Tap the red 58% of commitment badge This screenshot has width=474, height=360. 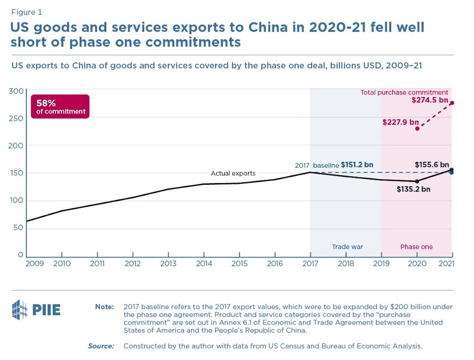click(x=60, y=107)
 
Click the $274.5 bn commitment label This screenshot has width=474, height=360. click(x=429, y=100)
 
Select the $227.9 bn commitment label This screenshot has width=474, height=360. click(x=401, y=122)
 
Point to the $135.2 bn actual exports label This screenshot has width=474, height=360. click(x=413, y=189)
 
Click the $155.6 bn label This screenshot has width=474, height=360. click(x=432, y=165)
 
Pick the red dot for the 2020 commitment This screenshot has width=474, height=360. click(x=417, y=129)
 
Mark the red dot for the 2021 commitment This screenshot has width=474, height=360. click(x=451, y=103)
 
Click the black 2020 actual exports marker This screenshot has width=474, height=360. click(x=417, y=181)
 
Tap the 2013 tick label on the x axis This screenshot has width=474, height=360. click(x=168, y=264)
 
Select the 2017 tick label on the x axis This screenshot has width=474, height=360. click(x=310, y=264)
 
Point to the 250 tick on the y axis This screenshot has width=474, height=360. click(x=16, y=118)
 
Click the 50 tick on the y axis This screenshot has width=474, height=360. click(x=18, y=229)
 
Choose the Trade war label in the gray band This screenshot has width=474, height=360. click(x=347, y=247)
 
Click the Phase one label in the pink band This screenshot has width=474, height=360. click(x=416, y=247)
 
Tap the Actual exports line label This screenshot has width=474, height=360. click(x=233, y=173)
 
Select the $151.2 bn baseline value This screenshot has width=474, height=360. click(x=357, y=165)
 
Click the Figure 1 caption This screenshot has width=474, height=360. click(x=26, y=12)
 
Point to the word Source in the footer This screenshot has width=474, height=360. click(x=101, y=346)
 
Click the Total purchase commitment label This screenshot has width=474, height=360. click(x=404, y=93)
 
